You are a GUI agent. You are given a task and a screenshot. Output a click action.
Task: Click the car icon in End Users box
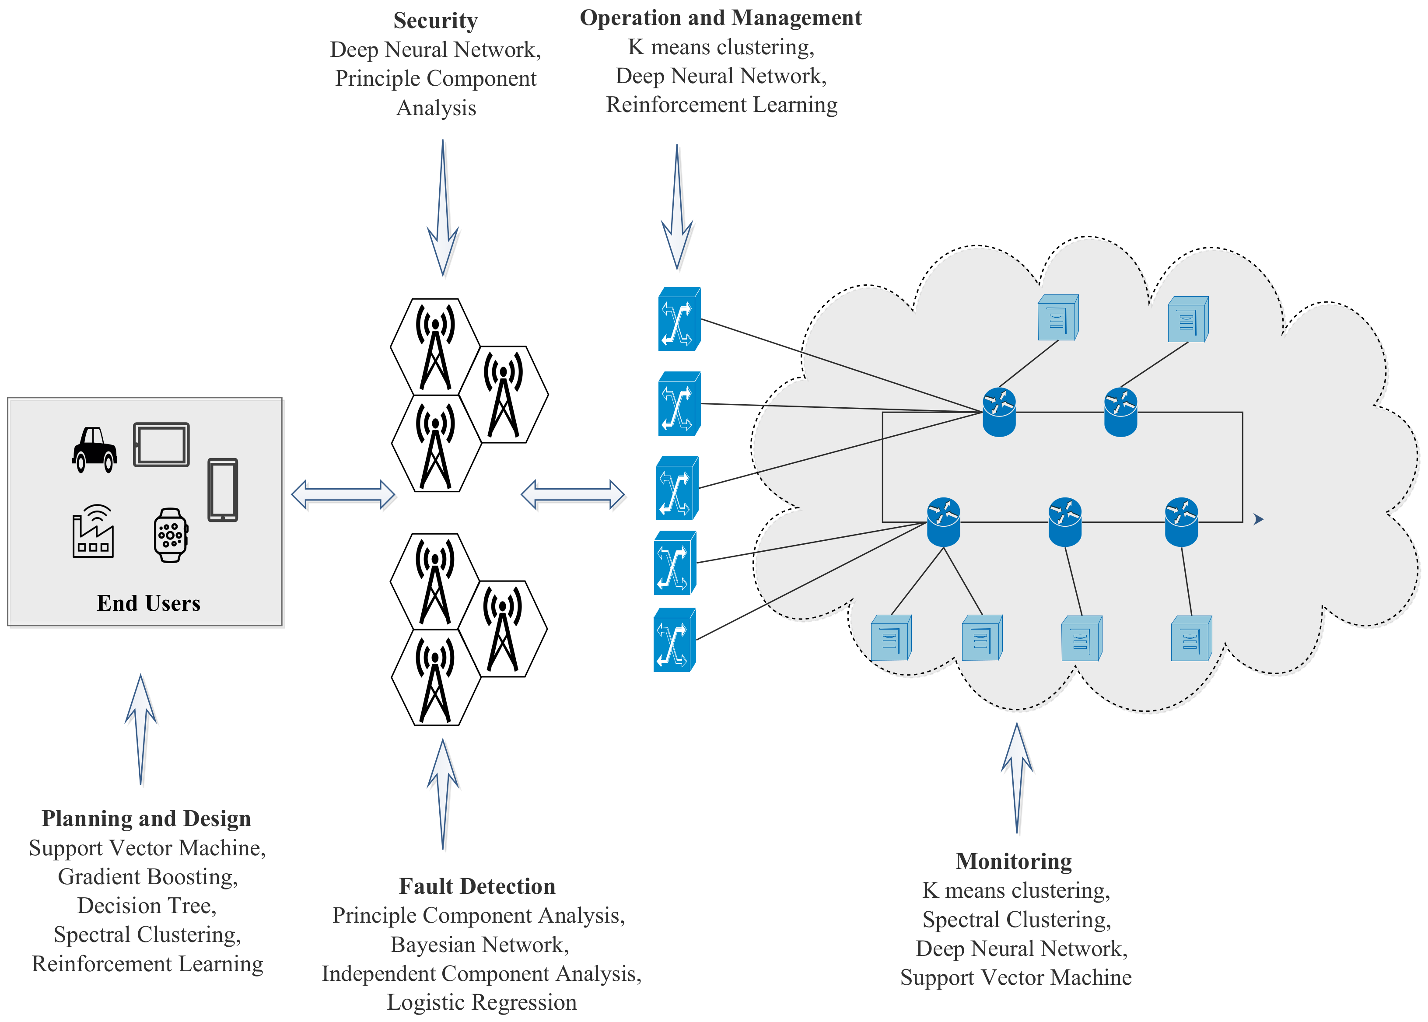94,449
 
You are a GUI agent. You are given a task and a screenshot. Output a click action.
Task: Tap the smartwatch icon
171,535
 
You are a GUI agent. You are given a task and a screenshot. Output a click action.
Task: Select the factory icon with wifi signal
93,531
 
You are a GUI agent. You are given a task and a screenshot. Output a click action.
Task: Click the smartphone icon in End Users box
223,490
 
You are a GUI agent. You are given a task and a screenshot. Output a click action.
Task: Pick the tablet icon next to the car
161,444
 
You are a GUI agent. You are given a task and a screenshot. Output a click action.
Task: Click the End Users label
148,603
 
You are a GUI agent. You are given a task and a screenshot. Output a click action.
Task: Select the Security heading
435,20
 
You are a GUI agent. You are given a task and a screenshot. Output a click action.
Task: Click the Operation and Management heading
721,17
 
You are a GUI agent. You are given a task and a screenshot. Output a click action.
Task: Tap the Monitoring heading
1013,861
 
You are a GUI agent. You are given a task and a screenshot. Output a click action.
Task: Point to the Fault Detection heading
477,886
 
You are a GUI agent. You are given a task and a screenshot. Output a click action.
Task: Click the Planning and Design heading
146,818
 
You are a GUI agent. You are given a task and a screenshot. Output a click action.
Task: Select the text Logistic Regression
481,1002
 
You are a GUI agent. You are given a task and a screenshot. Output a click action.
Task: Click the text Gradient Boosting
147,877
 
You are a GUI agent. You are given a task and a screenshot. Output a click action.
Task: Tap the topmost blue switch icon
679,319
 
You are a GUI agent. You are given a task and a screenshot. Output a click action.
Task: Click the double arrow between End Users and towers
343,495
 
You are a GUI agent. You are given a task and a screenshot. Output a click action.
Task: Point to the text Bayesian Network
479,945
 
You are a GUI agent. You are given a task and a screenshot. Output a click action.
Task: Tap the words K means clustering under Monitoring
1016,890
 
